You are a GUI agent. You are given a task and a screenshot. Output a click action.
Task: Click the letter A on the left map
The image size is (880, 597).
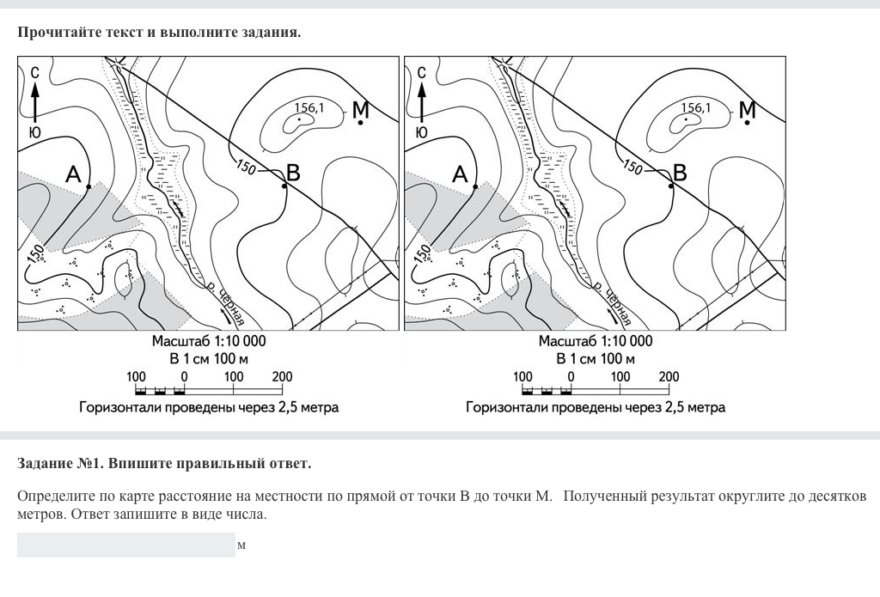(73, 174)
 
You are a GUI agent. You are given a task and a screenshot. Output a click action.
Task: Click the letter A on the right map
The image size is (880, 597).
(460, 174)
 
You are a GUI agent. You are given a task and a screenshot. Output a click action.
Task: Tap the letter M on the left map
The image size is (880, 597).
(361, 109)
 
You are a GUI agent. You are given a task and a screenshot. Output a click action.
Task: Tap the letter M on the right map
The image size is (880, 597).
(748, 109)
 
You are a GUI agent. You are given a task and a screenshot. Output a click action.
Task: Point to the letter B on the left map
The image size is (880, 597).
(293, 173)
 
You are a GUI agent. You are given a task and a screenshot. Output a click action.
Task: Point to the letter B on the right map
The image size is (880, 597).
(680, 173)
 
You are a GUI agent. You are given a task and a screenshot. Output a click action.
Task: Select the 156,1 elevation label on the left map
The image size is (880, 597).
(309, 107)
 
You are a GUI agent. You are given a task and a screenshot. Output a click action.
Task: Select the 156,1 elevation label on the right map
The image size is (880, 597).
(696, 107)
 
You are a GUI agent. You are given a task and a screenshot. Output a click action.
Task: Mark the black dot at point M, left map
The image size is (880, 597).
(360, 122)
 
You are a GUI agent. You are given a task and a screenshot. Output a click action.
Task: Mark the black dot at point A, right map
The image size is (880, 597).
(475, 186)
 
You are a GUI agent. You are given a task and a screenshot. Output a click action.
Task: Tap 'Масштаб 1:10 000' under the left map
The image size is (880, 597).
(209, 341)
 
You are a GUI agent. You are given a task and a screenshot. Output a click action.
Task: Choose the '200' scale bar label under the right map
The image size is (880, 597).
(669, 376)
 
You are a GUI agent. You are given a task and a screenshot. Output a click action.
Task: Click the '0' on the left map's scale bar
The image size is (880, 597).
(184, 376)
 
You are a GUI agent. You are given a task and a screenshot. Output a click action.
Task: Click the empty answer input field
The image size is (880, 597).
(126, 545)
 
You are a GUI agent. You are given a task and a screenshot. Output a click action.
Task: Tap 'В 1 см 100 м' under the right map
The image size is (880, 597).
(596, 358)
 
